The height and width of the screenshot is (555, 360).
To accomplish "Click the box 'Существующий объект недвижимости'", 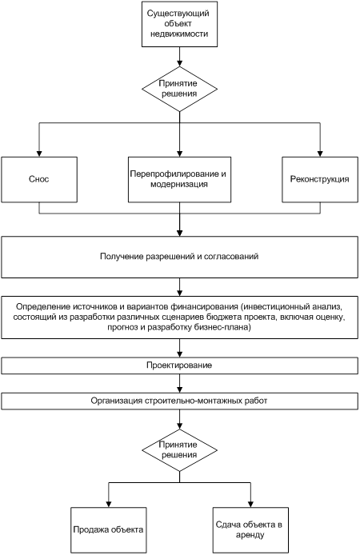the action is click(x=179, y=24).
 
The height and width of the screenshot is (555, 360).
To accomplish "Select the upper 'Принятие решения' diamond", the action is click(x=179, y=89).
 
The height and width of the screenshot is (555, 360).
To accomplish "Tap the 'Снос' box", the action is click(x=39, y=180).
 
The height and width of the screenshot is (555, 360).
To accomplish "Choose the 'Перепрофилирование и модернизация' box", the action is click(x=179, y=180).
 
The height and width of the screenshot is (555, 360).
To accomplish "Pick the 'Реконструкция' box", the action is click(x=320, y=180).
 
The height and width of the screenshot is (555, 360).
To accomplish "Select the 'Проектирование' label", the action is click(x=179, y=365).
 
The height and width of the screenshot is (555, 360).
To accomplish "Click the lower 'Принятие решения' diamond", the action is click(x=179, y=450).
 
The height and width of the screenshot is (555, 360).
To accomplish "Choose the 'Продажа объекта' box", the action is click(x=108, y=530).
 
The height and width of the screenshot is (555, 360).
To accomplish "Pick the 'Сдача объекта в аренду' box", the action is click(x=250, y=530).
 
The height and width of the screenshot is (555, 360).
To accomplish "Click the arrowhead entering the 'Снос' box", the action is click(x=39, y=154).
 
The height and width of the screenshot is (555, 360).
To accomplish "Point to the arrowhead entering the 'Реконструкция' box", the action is click(x=320, y=154).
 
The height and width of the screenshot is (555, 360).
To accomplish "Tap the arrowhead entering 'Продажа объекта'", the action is click(x=108, y=504).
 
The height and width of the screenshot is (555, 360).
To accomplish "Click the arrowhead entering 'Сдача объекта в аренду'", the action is click(x=250, y=504).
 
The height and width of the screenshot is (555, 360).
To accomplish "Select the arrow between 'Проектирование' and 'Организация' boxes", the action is click(x=179, y=383).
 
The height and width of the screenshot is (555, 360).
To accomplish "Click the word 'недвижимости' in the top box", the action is click(x=179, y=34).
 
